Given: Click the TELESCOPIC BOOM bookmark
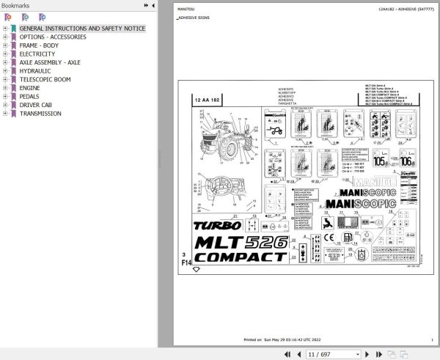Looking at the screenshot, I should coord(45,79).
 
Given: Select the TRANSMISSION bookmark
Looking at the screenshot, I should coord(40,114).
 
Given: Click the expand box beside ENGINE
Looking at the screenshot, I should coord(5,88).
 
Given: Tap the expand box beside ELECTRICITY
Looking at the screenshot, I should coord(5,54).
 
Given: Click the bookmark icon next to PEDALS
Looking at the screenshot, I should coord(13,97).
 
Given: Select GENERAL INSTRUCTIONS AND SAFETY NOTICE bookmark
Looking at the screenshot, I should coord(82,29).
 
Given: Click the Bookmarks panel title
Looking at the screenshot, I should coord(15,5).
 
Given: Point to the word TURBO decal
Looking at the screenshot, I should coord(217,226).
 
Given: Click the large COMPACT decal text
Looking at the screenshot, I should coord(240,257).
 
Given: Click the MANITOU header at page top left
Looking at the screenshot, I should coord(186,9).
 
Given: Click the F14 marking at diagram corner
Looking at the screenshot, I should coord(186,261).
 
